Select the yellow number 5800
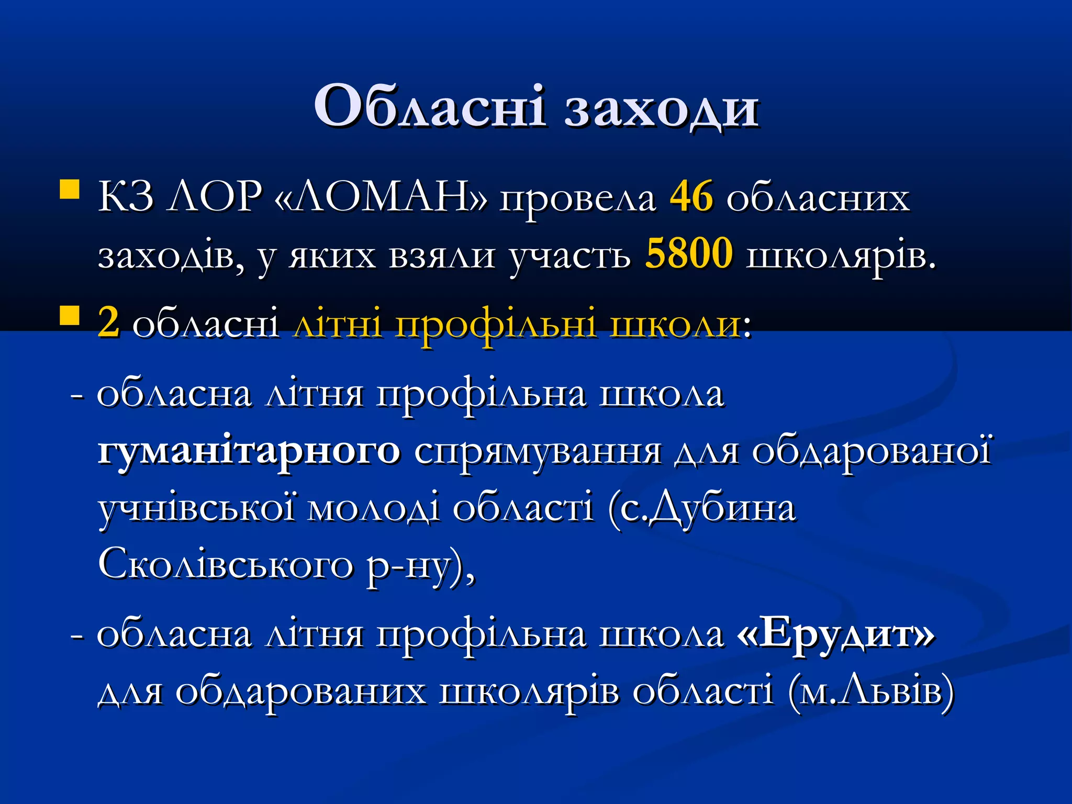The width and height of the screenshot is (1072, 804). pyautogui.click(x=688, y=254)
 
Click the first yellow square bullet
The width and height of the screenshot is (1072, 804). pyautogui.click(x=70, y=190)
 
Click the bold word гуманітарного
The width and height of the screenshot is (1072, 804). pyautogui.click(x=249, y=451)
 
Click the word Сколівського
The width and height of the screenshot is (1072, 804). pyautogui.click(x=225, y=565)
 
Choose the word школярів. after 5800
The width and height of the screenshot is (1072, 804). pyautogui.click(x=841, y=256)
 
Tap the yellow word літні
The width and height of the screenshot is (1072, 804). pyautogui.click(x=338, y=323)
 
